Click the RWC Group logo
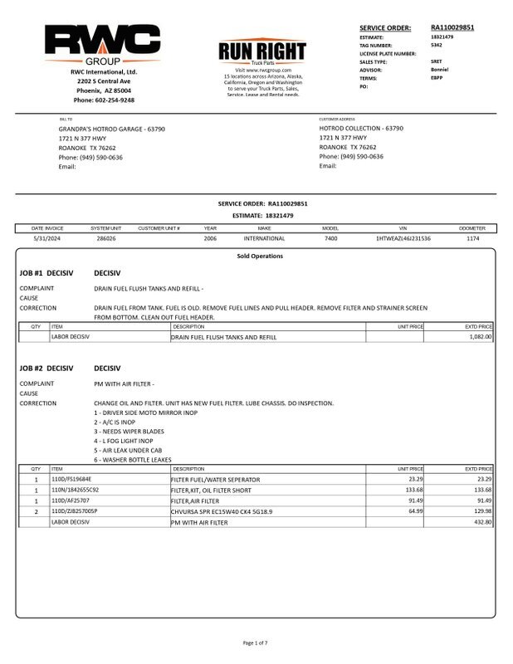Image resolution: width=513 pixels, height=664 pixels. point(103,45)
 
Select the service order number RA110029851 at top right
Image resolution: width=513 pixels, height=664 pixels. point(452,27)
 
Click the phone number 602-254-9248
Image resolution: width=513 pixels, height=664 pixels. point(104,100)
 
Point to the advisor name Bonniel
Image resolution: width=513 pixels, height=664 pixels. point(441,70)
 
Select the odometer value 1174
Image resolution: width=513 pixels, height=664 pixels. point(472,238)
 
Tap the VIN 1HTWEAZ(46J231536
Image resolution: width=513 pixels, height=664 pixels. point(403,238)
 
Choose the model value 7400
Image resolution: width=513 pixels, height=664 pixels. point(330,238)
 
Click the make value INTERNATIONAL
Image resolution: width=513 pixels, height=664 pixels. point(264,238)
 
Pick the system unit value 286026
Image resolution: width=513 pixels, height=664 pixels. point(106,238)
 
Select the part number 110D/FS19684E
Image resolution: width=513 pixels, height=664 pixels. point(73,480)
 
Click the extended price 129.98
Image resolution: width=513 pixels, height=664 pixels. point(480,511)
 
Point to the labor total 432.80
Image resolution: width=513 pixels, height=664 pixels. point(480,522)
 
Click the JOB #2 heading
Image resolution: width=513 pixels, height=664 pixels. point(46,367)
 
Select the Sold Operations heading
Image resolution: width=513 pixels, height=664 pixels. point(259,256)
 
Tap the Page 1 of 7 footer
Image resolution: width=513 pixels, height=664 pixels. point(256,643)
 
